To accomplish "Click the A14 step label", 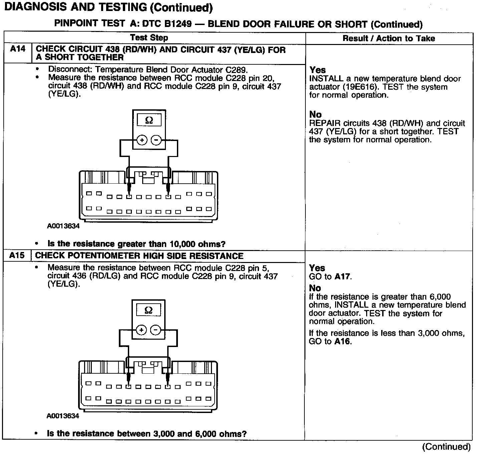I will [x=18, y=49].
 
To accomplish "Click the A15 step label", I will [x=17, y=256].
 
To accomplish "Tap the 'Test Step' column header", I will [x=149, y=38].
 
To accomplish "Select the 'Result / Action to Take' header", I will [x=389, y=38].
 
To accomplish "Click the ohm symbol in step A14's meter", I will [x=149, y=120].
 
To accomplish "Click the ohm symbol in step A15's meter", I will [x=149, y=310].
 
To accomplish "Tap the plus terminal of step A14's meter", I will [x=142, y=140].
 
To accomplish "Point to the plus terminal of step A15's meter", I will [x=142, y=330].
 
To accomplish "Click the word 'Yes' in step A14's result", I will [x=317, y=70].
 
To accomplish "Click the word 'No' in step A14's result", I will [x=315, y=115].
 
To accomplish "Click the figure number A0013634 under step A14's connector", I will [x=63, y=226].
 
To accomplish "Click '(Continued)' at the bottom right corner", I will [x=446, y=447].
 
